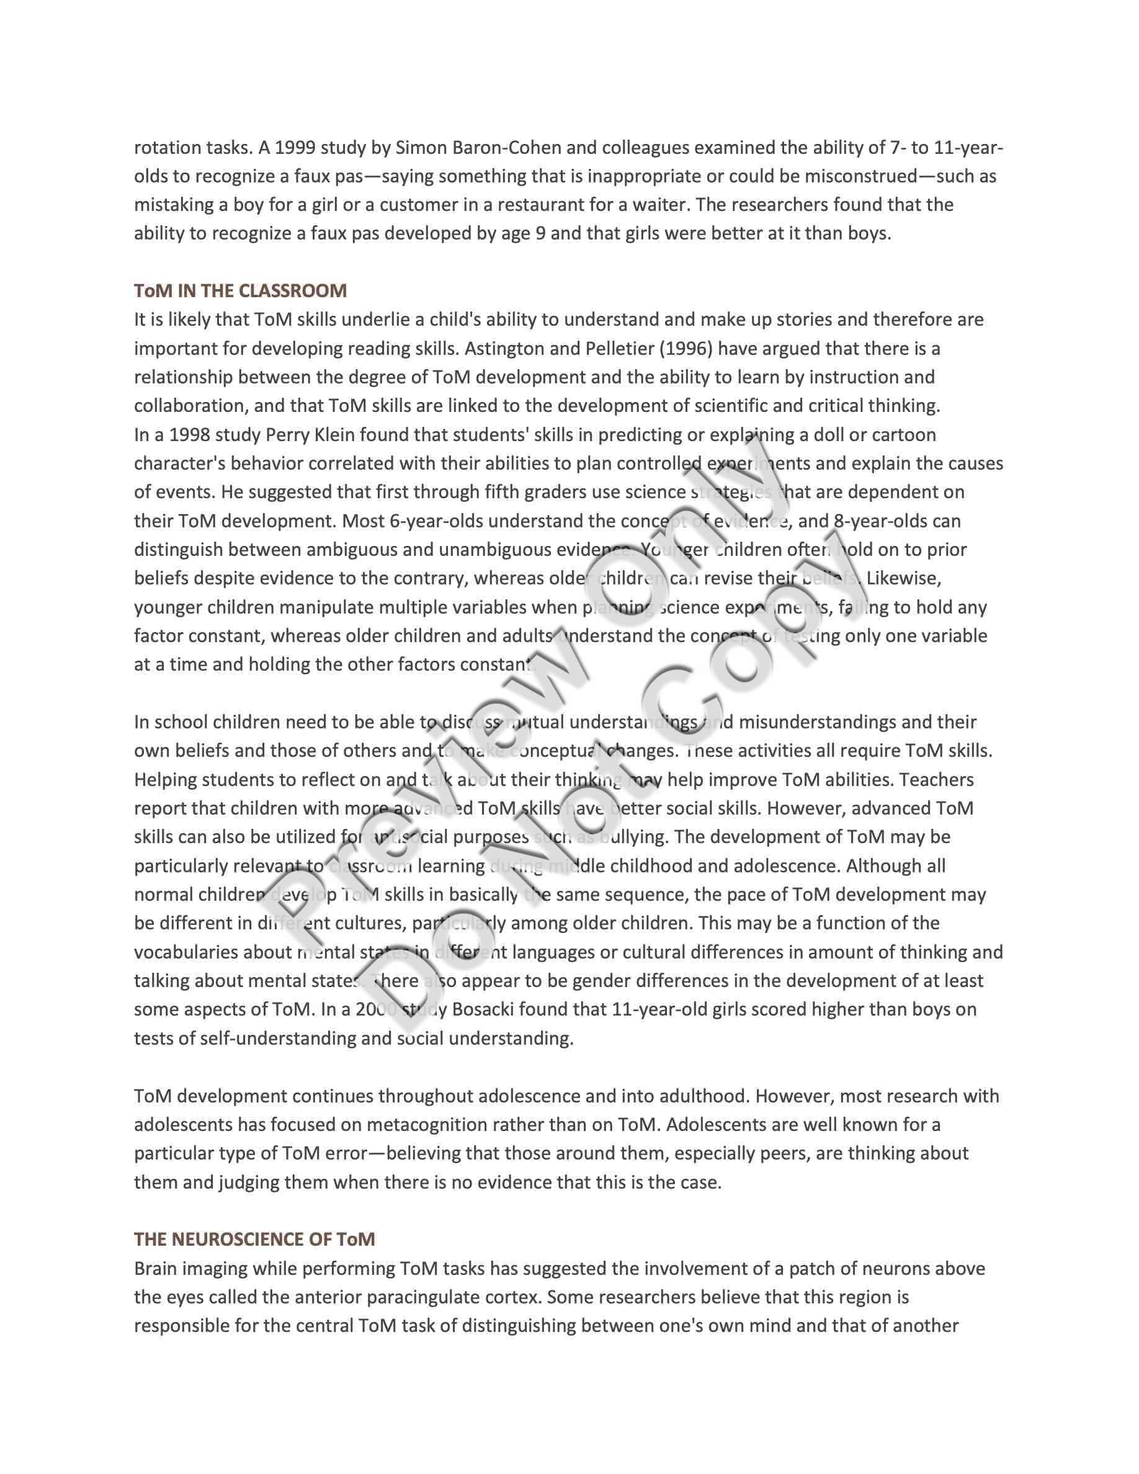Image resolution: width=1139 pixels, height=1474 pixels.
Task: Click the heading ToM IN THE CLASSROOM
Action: [240, 291]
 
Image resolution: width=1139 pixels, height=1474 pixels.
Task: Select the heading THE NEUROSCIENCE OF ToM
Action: [254, 1239]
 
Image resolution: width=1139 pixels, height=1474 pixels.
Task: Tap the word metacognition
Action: [426, 1124]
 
